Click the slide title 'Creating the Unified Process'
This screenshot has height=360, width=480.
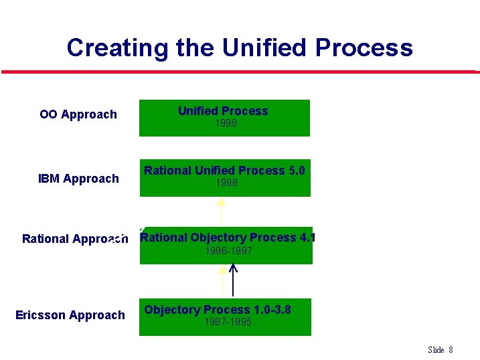(240, 48)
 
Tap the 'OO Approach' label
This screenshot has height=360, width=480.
(78, 114)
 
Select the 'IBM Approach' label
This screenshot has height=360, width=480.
(78, 179)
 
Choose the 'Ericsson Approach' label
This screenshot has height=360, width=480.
(70, 315)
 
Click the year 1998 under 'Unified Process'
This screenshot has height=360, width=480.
(226, 123)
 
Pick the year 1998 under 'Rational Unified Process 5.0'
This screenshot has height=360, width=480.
(226, 182)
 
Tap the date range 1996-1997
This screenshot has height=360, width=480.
(228, 251)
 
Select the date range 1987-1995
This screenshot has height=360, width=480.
(228, 322)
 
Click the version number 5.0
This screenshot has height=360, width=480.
(296, 171)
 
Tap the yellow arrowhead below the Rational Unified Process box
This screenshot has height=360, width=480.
(222, 202)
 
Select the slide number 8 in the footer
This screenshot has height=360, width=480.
(451, 350)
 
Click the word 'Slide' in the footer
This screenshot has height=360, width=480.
(436, 350)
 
